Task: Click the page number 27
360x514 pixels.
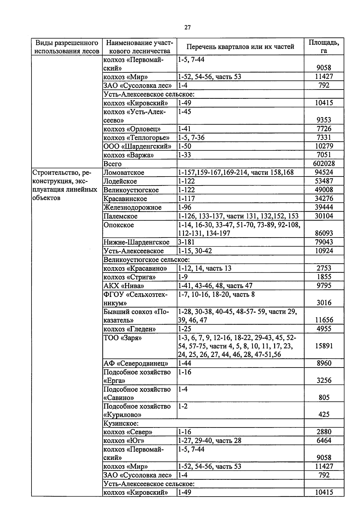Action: (x=187, y=28)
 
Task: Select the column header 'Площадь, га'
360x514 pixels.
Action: (x=324, y=46)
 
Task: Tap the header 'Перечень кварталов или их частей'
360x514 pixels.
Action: (x=240, y=47)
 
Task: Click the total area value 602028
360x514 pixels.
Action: (x=324, y=164)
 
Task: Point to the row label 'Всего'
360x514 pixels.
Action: (x=112, y=164)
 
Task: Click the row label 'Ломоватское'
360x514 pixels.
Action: (x=124, y=173)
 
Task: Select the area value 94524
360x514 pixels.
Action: (x=324, y=172)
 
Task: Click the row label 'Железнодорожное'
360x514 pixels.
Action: (x=132, y=207)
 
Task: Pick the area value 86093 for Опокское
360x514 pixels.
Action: (x=324, y=233)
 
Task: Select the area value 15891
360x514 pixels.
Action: (x=324, y=346)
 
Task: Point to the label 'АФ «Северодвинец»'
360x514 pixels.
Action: (x=136, y=364)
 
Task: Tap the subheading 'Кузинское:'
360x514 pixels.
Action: (x=121, y=423)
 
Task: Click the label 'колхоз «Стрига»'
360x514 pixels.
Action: (x=130, y=277)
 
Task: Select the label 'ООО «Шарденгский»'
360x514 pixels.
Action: (x=137, y=147)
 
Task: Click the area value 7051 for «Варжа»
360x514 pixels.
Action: (x=324, y=155)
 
